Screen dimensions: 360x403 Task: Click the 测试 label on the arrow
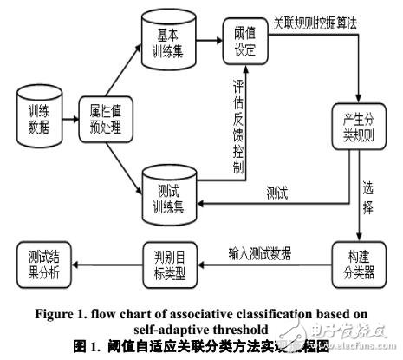pos(276,191)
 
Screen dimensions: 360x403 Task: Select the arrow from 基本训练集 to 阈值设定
pos(209,39)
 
